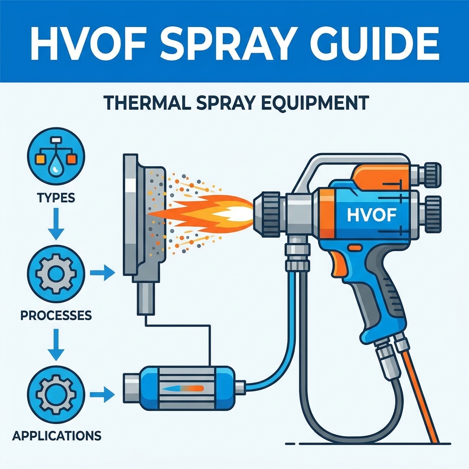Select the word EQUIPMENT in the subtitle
click(315, 104)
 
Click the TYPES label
click(56, 198)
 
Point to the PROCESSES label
click(56, 315)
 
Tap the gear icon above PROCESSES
click(56, 273)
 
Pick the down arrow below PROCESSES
click(56, 344)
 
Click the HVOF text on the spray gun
click(372, 214)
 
